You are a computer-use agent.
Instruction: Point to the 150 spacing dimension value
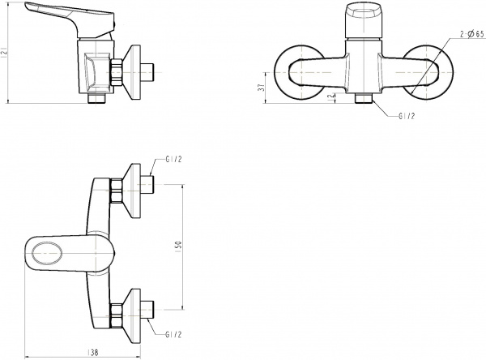[179, 247]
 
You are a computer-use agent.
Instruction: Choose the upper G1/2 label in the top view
[173, 160]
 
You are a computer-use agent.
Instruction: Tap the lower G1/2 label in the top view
[173, 334]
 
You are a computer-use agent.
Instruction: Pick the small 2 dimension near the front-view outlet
[330, 96]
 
